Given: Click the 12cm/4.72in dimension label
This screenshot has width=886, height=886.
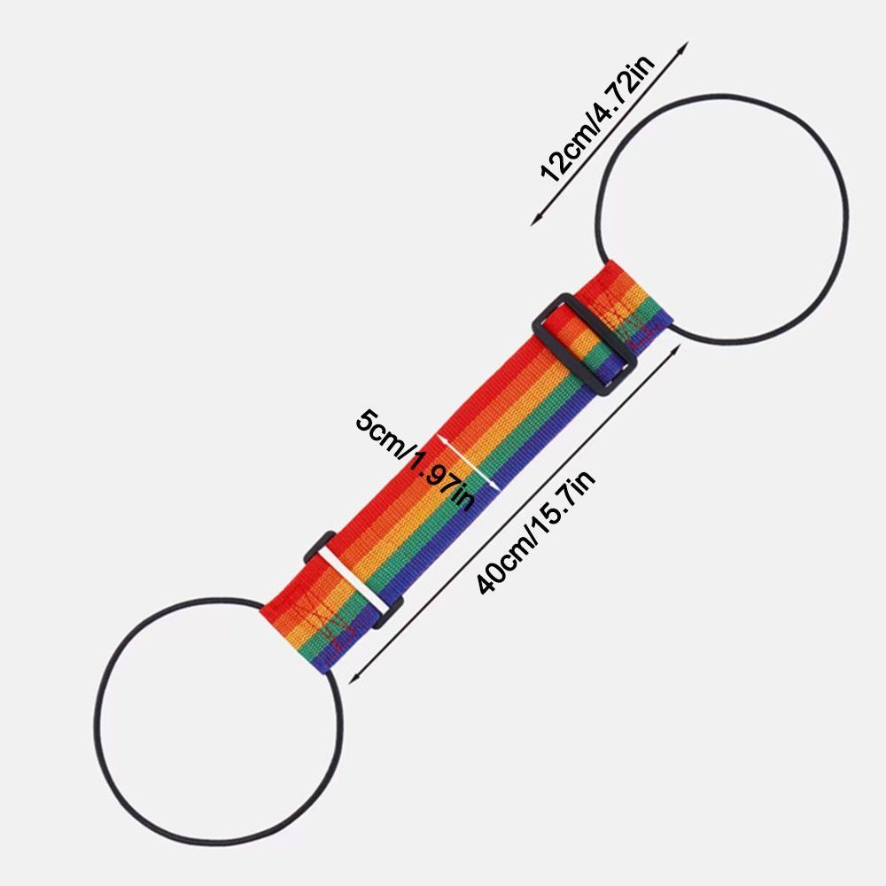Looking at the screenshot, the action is [597, 118].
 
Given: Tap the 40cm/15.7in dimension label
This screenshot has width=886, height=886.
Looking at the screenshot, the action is [535, 532].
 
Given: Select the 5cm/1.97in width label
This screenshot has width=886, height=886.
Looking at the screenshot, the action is [416, 459].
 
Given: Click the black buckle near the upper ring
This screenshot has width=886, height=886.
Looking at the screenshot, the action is [585, 344].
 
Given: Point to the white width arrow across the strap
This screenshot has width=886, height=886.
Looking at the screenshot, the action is [469, 462].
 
